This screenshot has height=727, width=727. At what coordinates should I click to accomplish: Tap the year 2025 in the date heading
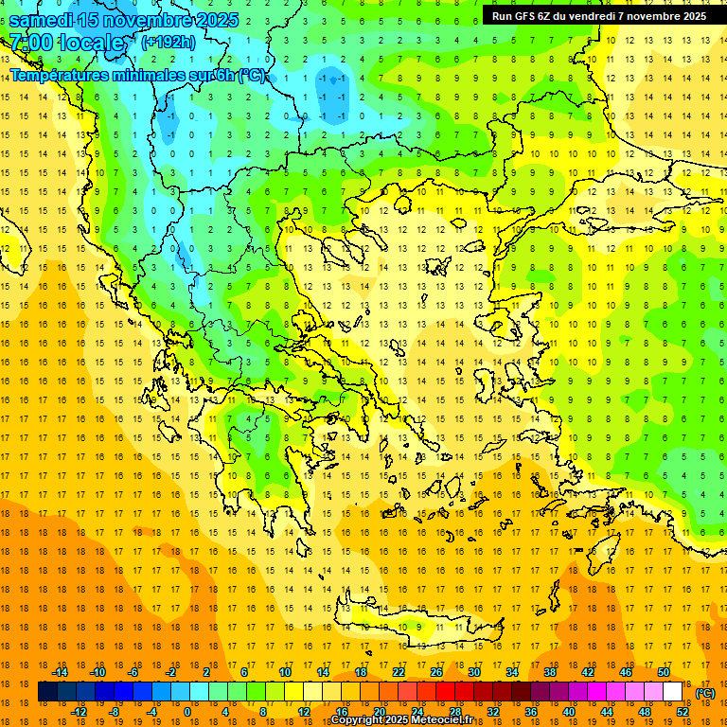click(211, 19)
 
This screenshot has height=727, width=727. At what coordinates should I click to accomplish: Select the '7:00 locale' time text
click(66, 44)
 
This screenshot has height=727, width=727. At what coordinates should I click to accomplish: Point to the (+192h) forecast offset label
click(168, 43)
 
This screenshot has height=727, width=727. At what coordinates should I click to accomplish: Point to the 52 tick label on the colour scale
click(682, 712)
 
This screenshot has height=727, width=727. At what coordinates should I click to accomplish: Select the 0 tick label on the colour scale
click(186, 712)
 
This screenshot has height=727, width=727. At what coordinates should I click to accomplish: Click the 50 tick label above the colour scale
click(663, 672)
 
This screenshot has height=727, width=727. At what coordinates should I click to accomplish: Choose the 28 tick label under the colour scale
click(454, 712)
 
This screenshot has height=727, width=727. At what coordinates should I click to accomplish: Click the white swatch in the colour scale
click(672, 692)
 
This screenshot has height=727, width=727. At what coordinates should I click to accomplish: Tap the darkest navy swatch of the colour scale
click(47, 692)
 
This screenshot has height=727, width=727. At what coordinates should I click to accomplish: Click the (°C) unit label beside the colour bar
click(704, 693)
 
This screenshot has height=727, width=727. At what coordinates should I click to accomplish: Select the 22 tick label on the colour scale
click(399, 672)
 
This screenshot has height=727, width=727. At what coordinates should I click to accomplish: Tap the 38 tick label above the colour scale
click(549, 672)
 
